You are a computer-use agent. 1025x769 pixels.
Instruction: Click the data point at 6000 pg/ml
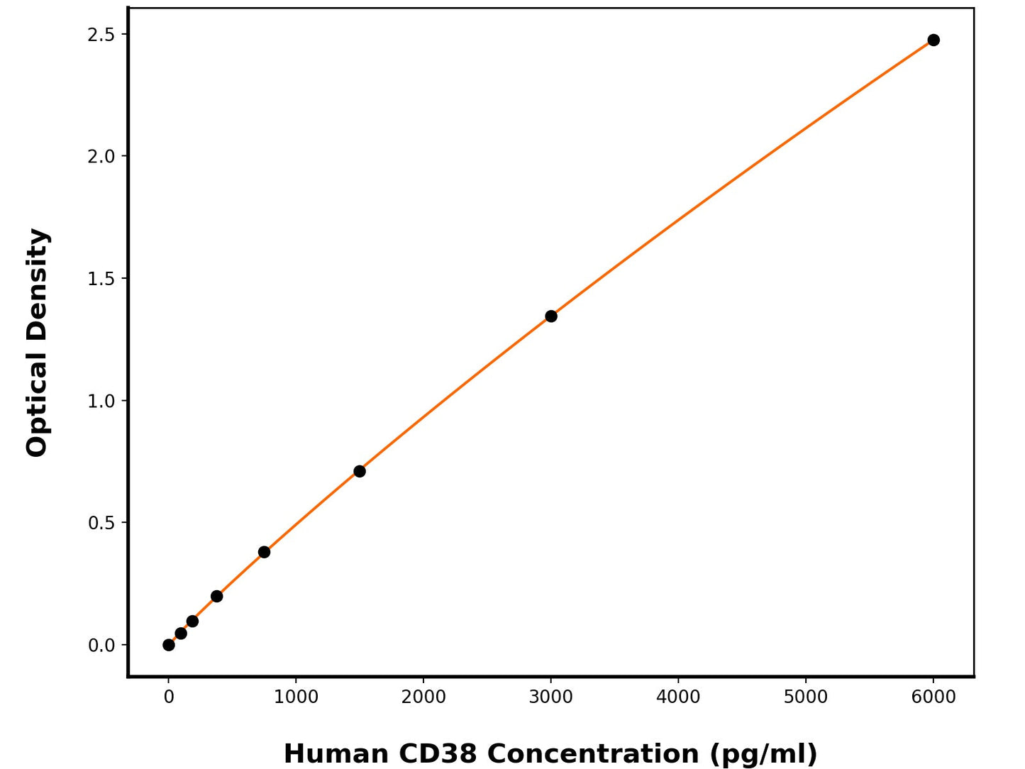point(933,40)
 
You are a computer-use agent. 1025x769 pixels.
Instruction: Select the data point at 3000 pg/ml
point(551,316)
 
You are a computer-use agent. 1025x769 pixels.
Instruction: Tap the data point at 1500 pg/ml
point(360,471)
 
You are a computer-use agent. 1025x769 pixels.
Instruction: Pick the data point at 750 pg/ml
point(264,552)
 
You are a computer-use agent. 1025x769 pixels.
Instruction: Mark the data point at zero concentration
point(169,645)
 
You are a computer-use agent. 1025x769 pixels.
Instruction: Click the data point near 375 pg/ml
point(216,596)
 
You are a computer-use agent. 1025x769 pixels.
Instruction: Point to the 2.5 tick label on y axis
point(101,34)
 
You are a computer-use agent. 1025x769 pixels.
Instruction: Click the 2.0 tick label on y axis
point(101,156)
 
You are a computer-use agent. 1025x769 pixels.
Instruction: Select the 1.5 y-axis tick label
point(101,279)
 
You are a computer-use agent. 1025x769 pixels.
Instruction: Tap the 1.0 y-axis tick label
point(101,401)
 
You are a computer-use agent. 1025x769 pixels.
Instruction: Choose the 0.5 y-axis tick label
point(101,523)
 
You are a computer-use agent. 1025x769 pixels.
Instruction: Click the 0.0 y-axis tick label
point(101,646)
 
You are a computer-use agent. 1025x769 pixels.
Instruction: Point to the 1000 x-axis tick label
point(296,697)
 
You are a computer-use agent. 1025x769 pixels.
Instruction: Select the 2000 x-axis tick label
point(423,697)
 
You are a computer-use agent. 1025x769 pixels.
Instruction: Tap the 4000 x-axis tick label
point(678,697)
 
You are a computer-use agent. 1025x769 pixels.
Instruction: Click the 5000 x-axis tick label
point(806,697)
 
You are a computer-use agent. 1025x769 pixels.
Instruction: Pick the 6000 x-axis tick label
point(933,697)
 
